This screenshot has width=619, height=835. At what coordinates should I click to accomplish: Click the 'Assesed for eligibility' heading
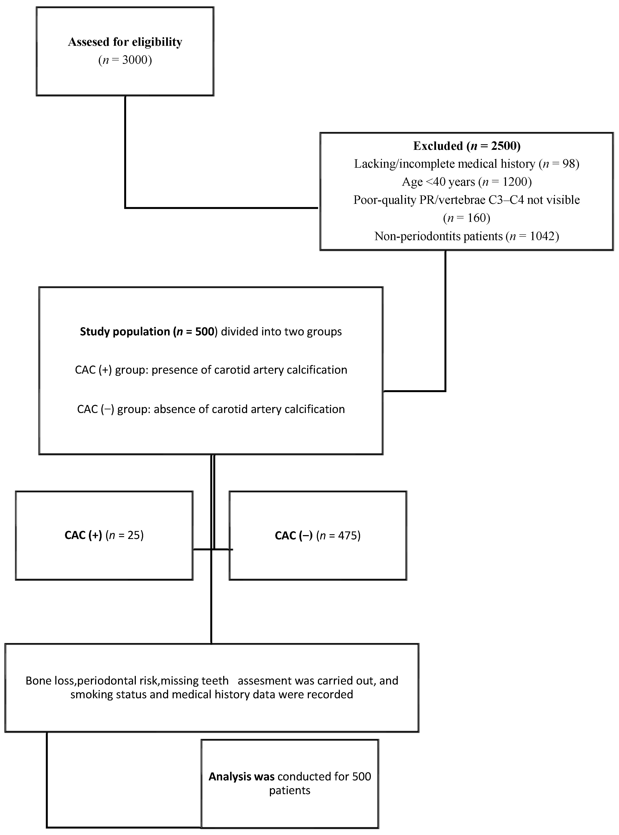click(125, 42)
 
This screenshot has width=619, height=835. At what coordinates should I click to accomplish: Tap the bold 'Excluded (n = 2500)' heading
click(466, 146)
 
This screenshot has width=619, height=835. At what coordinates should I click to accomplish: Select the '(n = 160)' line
click(466, 218)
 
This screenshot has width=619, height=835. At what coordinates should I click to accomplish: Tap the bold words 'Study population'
click(125, 332)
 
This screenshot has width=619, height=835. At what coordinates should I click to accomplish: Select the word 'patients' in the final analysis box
click(290, 790)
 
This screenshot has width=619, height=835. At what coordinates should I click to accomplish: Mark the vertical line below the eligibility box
click(125, 150)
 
